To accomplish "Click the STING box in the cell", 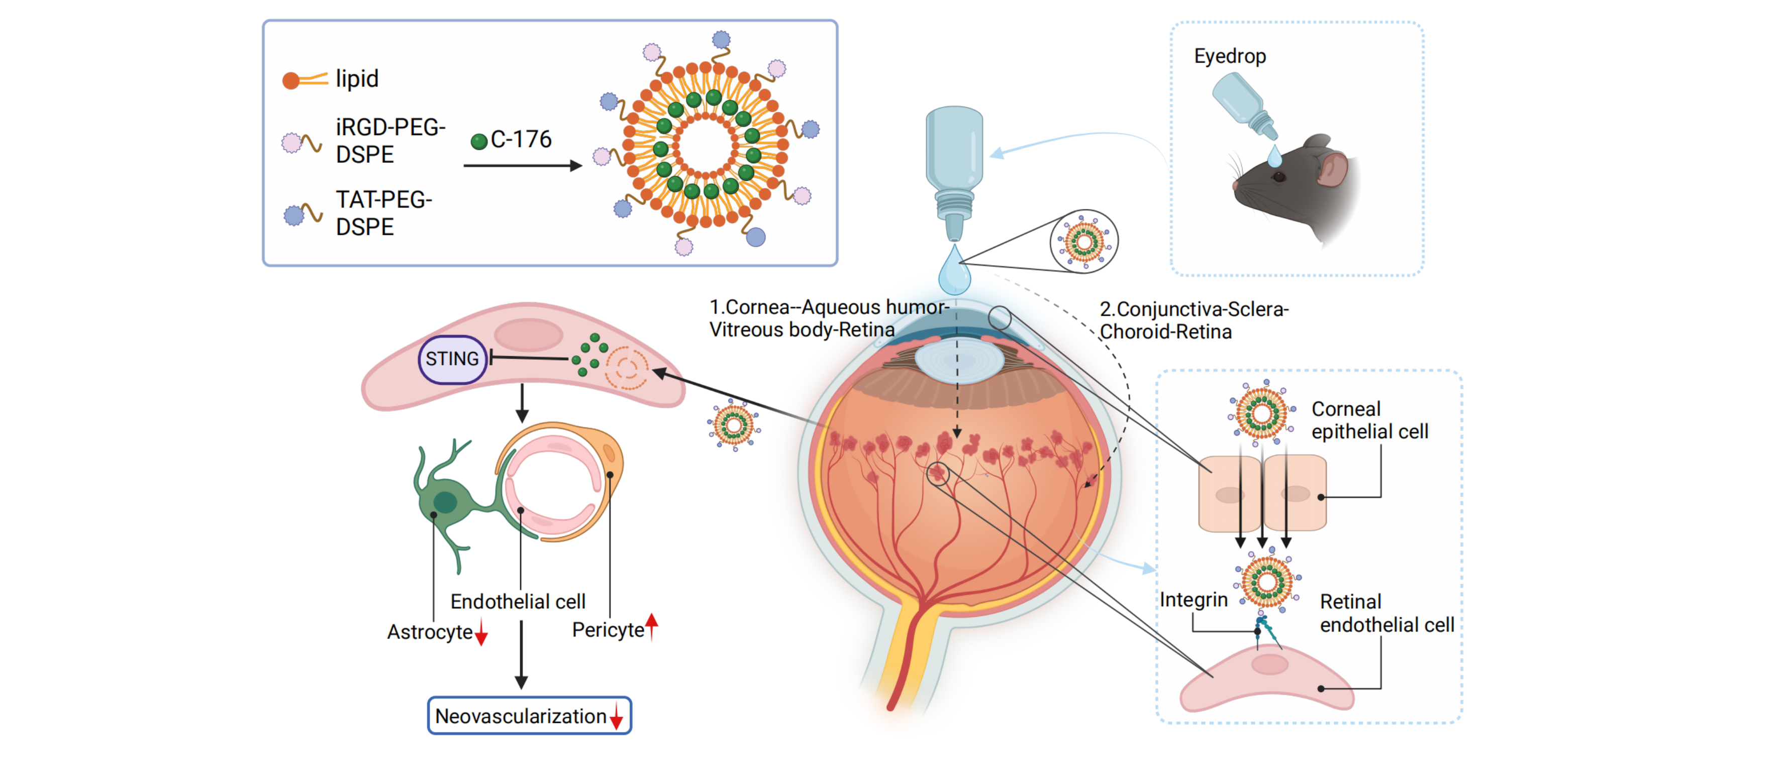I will [x=452, y=359].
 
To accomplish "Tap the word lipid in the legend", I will [x=357, y=79].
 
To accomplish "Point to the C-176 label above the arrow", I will [x=521, y=139].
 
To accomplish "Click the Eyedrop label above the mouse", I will [x=1229, y=56].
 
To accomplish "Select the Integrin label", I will [x=1193, y=600].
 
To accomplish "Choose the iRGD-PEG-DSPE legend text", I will [x=390, y=141].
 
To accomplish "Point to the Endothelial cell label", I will [x=518, y=601].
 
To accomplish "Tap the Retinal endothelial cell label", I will [x=1386, y=613].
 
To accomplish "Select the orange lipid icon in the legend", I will [x=304, y=80].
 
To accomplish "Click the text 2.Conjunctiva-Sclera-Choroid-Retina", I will [x=1193, y=320].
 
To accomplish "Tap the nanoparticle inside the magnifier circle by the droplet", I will [x=1084, y=242].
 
